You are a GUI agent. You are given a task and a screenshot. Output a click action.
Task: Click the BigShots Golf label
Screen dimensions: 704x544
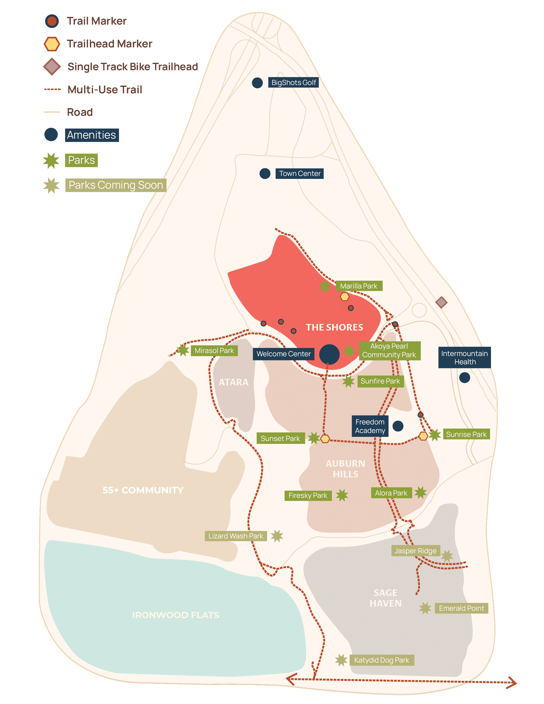293,83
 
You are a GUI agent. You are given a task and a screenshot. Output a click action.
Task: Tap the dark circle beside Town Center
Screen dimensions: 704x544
265,174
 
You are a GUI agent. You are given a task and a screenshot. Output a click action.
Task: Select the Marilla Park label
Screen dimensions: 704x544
359,286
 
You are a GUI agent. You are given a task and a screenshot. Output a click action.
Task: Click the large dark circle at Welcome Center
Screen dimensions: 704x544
329,354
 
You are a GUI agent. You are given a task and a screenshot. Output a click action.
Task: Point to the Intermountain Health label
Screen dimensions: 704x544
464,357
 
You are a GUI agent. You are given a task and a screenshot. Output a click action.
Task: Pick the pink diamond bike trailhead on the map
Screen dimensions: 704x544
441,302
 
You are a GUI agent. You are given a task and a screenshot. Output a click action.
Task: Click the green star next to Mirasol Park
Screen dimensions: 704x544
183,350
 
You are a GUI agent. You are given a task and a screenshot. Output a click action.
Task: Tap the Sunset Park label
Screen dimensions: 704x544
280,438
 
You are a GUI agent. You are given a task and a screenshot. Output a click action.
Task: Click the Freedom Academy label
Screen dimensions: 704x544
370,426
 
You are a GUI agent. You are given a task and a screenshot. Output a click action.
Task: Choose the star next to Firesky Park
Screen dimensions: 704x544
342,495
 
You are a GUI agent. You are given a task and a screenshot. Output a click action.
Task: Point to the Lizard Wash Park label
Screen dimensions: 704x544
236,536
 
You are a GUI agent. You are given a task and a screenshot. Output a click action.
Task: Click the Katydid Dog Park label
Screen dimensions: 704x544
382,660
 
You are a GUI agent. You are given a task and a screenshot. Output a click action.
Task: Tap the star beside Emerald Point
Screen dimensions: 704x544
425,608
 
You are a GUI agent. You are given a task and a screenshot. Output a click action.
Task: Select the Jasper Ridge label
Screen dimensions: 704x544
415,551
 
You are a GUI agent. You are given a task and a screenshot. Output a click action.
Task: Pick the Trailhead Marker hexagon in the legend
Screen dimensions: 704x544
52,44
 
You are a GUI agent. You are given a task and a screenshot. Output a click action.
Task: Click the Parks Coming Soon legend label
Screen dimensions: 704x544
116,185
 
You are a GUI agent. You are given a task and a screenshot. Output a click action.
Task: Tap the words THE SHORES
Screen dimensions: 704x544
335,328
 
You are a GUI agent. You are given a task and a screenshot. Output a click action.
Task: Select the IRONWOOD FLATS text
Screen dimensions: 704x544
176,615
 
